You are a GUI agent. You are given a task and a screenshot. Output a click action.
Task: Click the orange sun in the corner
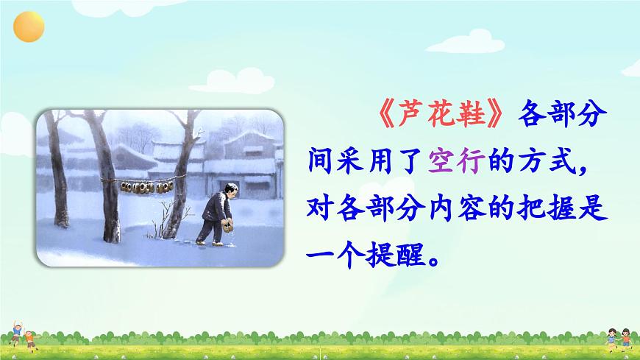(x=28, y=27)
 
